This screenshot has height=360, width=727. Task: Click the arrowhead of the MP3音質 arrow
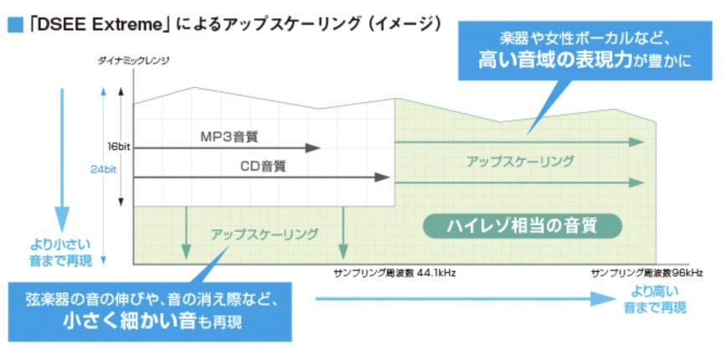point(315,148)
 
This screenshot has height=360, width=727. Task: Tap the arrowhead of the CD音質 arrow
point(384,177)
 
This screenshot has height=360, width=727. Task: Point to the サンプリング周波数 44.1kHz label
point(394,274)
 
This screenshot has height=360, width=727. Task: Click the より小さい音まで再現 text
point(59,254)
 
